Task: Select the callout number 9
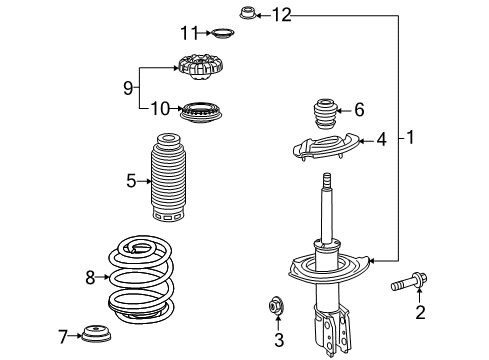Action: (x=127, y=88)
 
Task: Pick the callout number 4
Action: (x=381, y=141)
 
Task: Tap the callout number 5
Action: (x=131, y=181)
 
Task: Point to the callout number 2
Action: (x=420, y=314)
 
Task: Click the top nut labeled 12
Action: (x=247, y=14)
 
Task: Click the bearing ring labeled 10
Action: (x=195, y=110)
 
